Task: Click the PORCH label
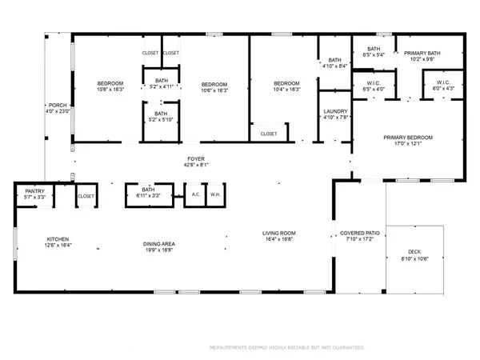pos(57,104)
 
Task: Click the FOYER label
pos(195,158)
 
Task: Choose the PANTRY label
pos(34,192)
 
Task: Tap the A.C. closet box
pos(195,194)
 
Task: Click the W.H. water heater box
pos(215,194)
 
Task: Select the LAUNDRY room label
pos(334,112)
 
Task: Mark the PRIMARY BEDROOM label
pos(407,138)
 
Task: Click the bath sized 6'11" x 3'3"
pos(147,192)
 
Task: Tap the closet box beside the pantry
pos(86,195)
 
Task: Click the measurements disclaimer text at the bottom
pos(286,348)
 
